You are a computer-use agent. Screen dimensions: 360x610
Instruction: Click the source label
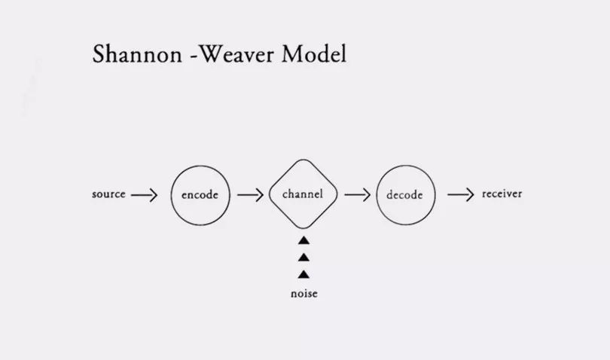pos(108,194)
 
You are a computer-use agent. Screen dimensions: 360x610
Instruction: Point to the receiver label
pos(502,194)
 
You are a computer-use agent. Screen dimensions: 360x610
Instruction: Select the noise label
pos(303,294)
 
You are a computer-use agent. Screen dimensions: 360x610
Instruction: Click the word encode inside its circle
pos(200,195)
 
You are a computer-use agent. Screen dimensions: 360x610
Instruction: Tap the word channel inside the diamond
pos(303,194)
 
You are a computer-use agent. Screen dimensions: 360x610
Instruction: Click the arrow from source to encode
pos(144,194)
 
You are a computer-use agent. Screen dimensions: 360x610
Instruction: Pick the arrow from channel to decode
pos(358,194)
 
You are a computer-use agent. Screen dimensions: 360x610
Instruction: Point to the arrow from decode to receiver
pos(462,194)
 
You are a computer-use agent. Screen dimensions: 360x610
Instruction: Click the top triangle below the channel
pos(303,241)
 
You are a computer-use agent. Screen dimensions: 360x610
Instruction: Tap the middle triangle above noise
pos(303,258)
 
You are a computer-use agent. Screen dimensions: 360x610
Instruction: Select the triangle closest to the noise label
pos(303,274)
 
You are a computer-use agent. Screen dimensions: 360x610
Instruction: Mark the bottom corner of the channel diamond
pos(303,228)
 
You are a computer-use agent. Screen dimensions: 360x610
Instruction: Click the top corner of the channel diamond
pos(303,160)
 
